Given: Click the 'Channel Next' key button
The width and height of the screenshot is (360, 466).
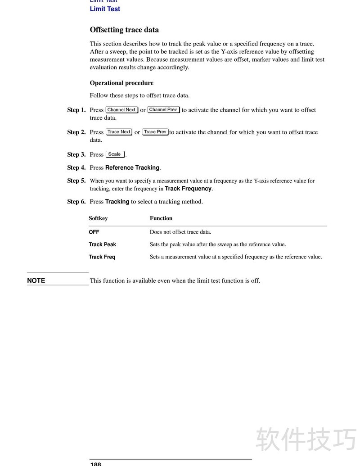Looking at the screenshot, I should [121, 110].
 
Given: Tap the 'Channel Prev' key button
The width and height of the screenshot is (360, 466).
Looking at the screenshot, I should [163, 110].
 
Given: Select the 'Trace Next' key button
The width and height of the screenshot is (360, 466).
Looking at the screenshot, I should [119, 132].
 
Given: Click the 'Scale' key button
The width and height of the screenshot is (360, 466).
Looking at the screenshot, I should [115, 154].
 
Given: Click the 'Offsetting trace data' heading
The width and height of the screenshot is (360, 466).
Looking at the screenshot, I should [124, 30].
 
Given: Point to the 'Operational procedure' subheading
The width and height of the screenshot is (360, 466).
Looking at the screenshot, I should [121, 83].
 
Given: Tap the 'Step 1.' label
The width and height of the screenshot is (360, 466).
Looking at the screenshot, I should [76, 110].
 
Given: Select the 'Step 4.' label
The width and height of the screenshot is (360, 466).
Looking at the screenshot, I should [76, 167].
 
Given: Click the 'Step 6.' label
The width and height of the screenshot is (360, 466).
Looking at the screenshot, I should [76, 202].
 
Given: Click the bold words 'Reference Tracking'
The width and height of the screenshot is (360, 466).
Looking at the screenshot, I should [132, 167].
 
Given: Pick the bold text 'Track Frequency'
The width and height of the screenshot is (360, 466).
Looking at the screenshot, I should [188, 189].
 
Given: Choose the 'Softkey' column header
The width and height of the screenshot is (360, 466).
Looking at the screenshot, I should [98, 218].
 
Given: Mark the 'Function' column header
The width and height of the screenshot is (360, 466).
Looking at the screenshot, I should [161, 218].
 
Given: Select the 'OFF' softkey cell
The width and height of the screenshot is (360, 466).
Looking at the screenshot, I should [94, 232].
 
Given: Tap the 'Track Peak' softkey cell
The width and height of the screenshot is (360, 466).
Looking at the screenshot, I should [102, 244].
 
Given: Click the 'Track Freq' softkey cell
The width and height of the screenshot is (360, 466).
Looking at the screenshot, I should [102, 257].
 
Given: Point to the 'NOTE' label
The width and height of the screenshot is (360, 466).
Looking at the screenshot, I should [36, 281].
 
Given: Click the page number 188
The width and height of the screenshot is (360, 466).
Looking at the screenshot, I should [96, 464].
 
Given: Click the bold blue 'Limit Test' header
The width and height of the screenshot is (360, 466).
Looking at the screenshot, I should [105, 9].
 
